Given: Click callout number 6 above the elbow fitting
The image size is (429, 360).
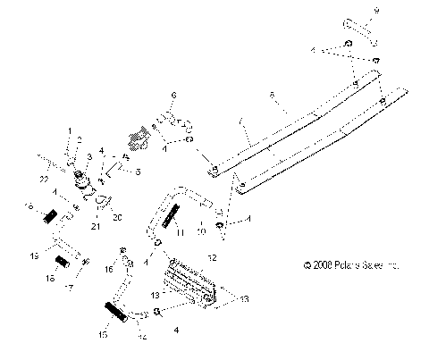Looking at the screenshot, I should pos(174,94).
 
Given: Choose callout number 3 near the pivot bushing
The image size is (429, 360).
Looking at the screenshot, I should pos(88,156).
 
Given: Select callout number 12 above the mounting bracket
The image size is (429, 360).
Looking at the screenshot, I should pos(212,257).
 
